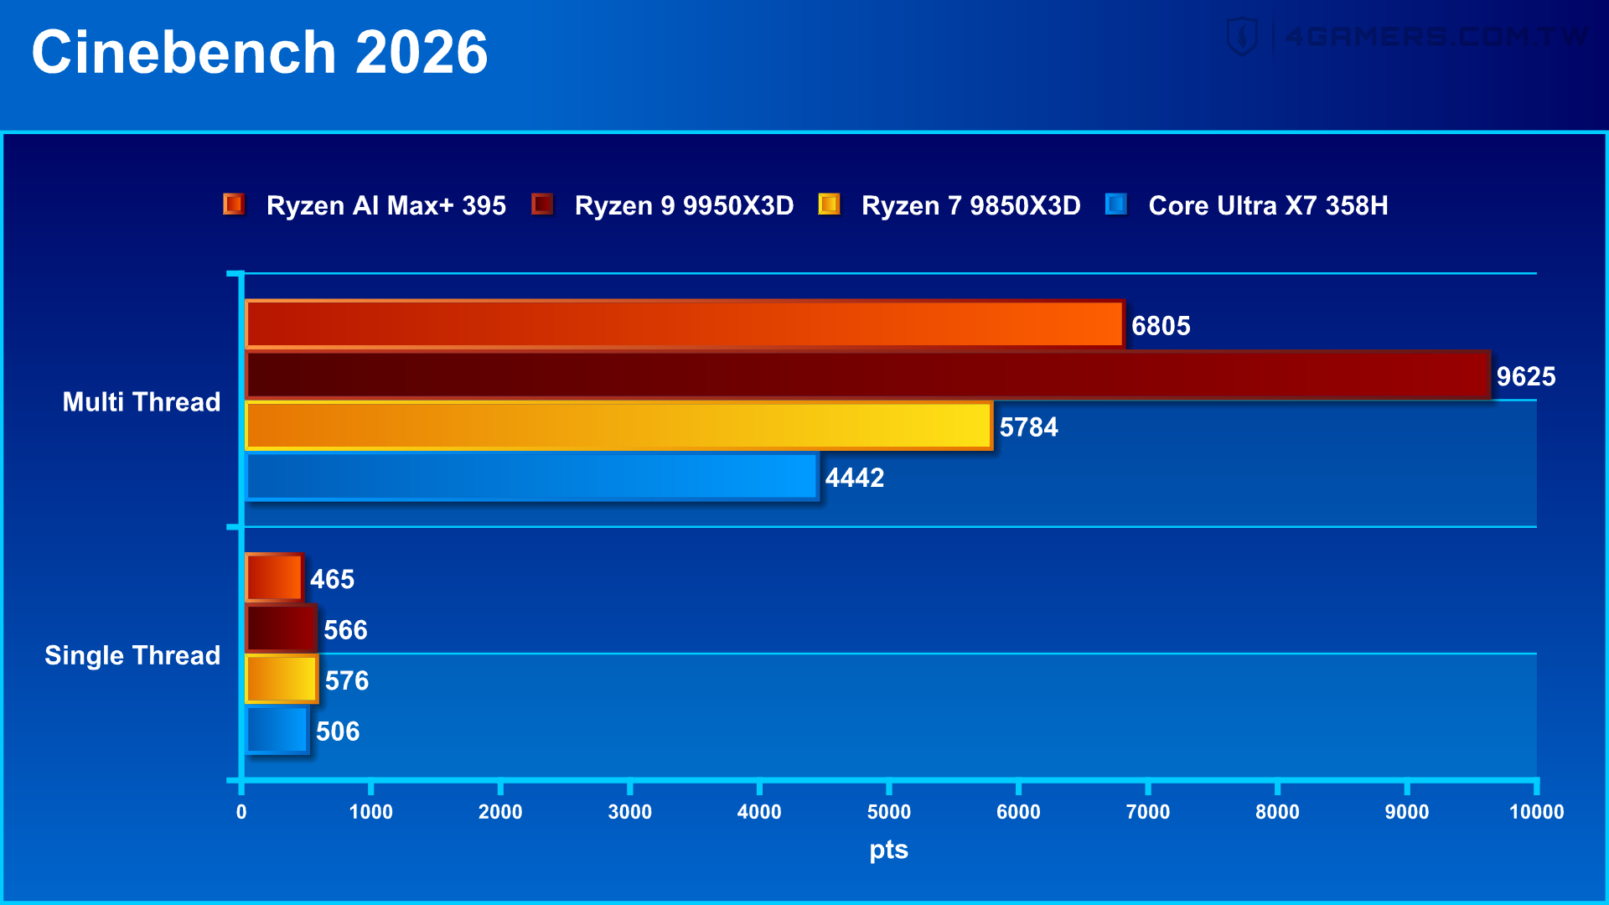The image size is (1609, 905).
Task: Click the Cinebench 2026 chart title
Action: click(260, 52)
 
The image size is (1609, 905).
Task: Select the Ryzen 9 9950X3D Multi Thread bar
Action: click(867, 375)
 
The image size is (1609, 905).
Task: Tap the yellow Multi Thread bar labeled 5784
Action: click(618, 426)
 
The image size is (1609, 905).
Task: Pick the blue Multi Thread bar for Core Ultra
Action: click(531, 477)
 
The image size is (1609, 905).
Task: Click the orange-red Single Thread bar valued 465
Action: click(274, 577)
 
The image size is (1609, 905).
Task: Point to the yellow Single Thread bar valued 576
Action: click(282, 679)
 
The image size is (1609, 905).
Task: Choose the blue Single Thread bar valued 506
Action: click(277, 730)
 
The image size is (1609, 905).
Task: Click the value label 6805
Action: click(1161, 325)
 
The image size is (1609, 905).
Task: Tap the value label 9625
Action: click(1526, 376)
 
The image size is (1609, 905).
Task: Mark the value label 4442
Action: click(855, 478)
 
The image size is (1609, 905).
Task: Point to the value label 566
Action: click(345, 629)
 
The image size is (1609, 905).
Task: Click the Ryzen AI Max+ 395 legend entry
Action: click(385, 205)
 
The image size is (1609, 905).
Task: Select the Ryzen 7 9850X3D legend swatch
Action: click(829, 204)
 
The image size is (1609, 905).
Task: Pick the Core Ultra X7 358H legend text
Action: click(1268, 205)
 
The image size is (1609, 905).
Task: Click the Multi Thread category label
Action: click(142, 401)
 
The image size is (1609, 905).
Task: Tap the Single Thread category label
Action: click(132, 655)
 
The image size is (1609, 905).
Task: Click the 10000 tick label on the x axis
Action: click(1536, 811)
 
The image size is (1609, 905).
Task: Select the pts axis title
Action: click(888, 850)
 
